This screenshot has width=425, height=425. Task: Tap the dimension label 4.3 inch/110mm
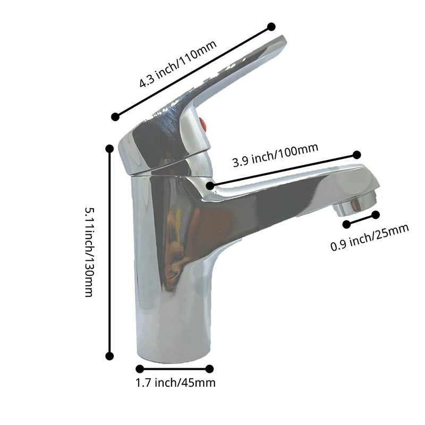point(178,64)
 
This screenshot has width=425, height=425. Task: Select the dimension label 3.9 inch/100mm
point(275,155)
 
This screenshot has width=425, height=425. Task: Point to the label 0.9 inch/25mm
point(370,237)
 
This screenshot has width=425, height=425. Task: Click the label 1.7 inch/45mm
point(176,383)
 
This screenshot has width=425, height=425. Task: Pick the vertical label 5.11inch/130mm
point(90,252)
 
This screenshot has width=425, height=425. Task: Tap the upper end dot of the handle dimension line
point(271,27)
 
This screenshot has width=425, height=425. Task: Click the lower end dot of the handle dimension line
point(115,116)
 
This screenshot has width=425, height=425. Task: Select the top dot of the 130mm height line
point(109,149)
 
